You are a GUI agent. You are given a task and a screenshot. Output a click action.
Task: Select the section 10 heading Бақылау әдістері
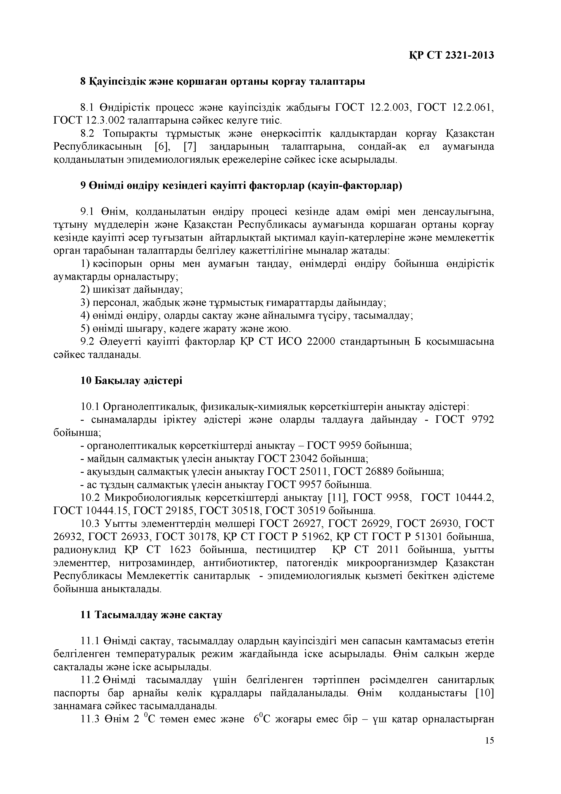(x=131, y=381)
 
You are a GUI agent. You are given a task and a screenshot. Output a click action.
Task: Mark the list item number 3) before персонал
(x=85, y=303)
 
